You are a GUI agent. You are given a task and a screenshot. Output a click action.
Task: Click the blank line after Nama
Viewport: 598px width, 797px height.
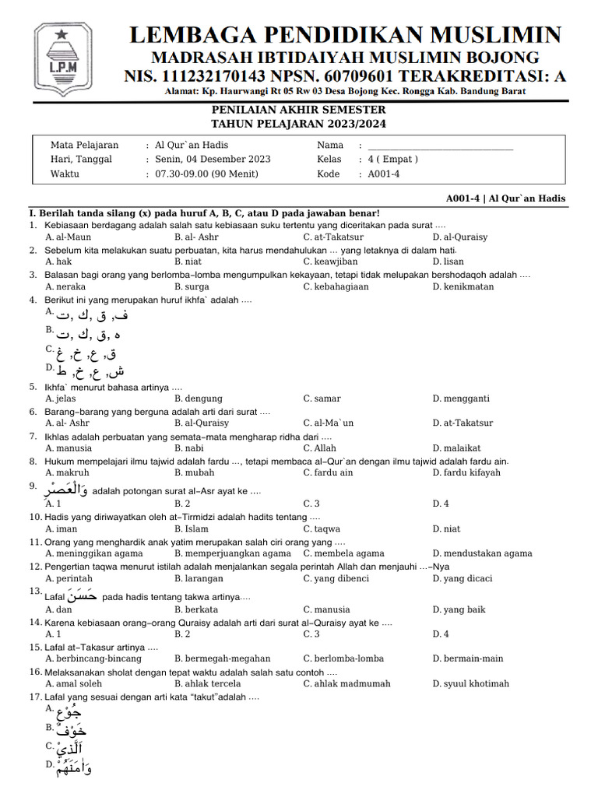tap(440, 146)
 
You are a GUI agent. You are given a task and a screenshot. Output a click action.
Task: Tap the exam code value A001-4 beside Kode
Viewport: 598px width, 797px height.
tap(384, 174)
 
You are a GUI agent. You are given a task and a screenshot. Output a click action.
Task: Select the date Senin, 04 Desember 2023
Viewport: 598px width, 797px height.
tap(213, 160)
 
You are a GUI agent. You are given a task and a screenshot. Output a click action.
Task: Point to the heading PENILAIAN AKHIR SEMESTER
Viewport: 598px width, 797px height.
tap(298, 111)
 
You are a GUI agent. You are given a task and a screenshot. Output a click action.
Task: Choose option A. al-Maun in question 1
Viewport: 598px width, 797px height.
tap(68, 237)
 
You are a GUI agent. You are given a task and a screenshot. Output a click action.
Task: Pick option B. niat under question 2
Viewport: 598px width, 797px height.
tap(189, 262)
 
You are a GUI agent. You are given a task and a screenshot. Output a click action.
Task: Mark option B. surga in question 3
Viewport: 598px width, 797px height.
tap(192, 286)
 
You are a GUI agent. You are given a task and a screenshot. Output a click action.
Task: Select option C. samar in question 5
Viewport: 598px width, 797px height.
tap(322, 398)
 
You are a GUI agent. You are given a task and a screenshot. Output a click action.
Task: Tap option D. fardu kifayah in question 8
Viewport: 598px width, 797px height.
tap(466, 472)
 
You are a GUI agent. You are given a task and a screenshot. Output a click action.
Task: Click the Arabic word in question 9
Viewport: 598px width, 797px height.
tap(66, 490)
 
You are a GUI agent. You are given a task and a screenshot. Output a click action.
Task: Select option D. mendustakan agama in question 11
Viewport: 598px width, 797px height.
tap(482, 553)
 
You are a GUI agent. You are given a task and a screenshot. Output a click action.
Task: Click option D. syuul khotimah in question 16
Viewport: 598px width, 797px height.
tap(470, 683)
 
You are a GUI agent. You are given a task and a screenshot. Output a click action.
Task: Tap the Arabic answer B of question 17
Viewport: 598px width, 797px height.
tap(70, 730)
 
